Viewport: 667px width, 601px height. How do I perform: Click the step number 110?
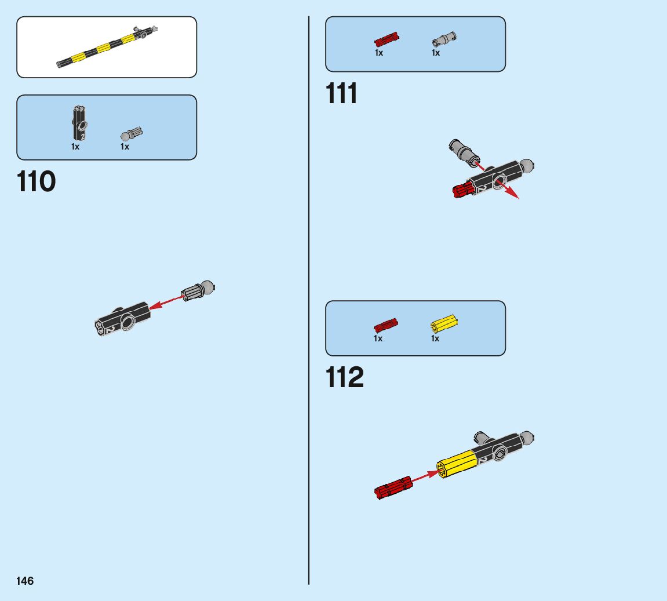pyautogui.click(x=37, y=182)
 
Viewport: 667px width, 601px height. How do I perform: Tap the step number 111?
pyautogui.click(x=342, y=94)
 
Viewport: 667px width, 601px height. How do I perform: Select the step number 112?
pyautogui.click(x=345, y=378)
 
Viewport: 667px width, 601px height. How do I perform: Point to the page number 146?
pyautogui.click(x=25, y=581)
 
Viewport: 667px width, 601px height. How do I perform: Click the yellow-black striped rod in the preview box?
pyautogui.click(x=104, y=48)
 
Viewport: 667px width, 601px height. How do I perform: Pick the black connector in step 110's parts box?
pyautogui.click(x=79, y=122)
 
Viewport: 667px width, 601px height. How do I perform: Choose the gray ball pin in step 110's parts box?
pyautogui.click(x=132, y=134)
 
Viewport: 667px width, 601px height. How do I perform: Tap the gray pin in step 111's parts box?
pyautogui.click(x=444, y=40)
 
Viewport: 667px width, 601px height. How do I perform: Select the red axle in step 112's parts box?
pyautogui.click(x=385, y=325)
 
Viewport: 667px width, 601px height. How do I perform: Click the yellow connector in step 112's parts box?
pyautogui.click(x=444, y=323)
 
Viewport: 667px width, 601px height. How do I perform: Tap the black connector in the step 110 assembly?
pyautogui.click(x=123, y=318)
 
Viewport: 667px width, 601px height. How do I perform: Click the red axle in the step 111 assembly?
pyautogui.click(x=464, y=189)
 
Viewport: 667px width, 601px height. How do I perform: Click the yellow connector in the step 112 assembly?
pyautogui.click(x=457, y=464)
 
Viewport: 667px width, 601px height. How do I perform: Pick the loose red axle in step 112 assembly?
pyautogui.click(x=393, y=487)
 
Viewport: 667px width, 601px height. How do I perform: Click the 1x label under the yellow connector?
pyautogui.click(x=435, y=338)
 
